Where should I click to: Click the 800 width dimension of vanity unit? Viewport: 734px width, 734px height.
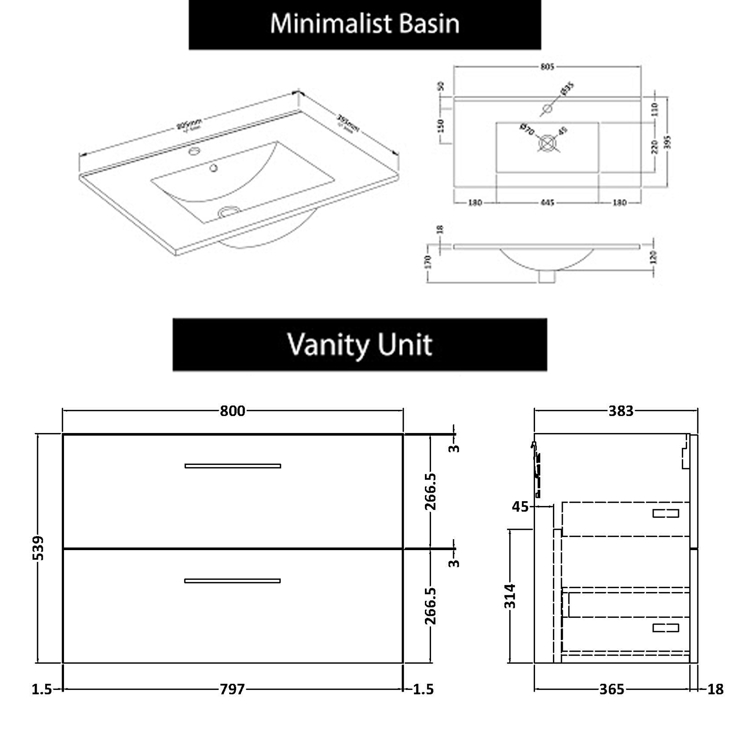coord(232,411)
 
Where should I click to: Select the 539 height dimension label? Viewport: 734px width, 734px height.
coord(38,548)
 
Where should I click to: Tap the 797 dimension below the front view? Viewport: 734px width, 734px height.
coord(232,689)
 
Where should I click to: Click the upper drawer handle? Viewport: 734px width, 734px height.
coord(232,466)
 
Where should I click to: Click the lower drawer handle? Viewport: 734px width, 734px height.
coord(232,581)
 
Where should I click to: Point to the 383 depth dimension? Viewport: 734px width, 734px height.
coord(621,411)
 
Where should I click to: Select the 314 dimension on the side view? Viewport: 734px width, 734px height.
coord(510,596)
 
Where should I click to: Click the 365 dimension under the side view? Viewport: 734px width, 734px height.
coord(612,689)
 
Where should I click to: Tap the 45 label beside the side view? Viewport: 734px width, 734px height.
coord(520,506)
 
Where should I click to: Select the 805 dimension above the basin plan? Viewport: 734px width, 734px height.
coord(547,66)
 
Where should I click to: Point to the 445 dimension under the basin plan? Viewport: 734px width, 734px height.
coord(547,202)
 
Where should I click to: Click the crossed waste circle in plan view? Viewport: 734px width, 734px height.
coord(547,144)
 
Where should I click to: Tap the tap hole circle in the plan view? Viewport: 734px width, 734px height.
coord(548,108)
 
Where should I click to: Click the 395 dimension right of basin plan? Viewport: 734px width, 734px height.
coord(667,142)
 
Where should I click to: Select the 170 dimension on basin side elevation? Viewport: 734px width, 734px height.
coord(428,261)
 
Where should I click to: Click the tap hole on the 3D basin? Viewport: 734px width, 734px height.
coord(194,152)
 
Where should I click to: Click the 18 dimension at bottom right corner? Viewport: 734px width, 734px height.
coord(715,689)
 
